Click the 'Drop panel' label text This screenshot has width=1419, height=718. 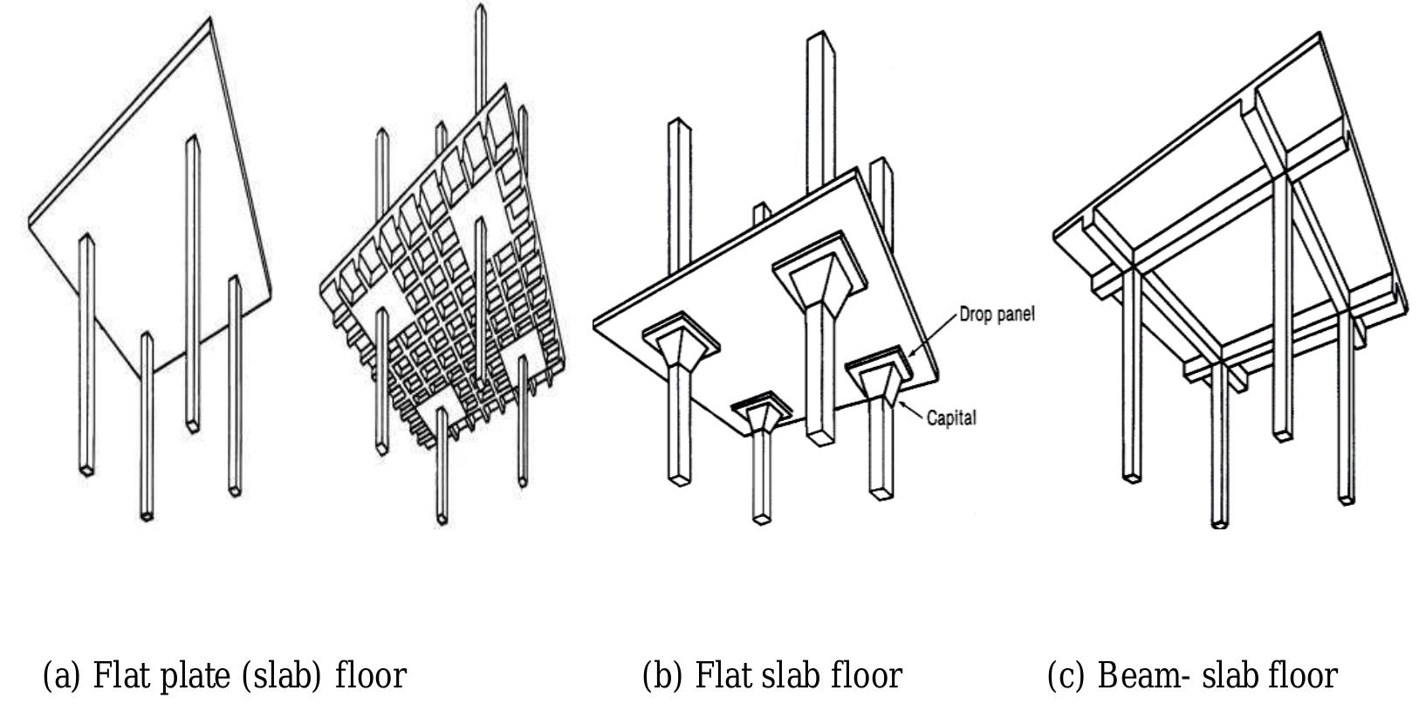tap(997, 314)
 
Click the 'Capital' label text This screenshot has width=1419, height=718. tap(951, 418)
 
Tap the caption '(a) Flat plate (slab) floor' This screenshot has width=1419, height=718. tap(224, 675)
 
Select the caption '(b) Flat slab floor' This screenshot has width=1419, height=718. tap(771, 675)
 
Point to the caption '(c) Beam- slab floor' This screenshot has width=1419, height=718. tap(1191, 675)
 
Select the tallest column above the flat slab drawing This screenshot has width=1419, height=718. tap(818, 105)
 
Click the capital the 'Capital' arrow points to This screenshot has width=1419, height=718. tap(881, 385)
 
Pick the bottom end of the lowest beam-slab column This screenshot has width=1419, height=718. tap(1219, 523)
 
